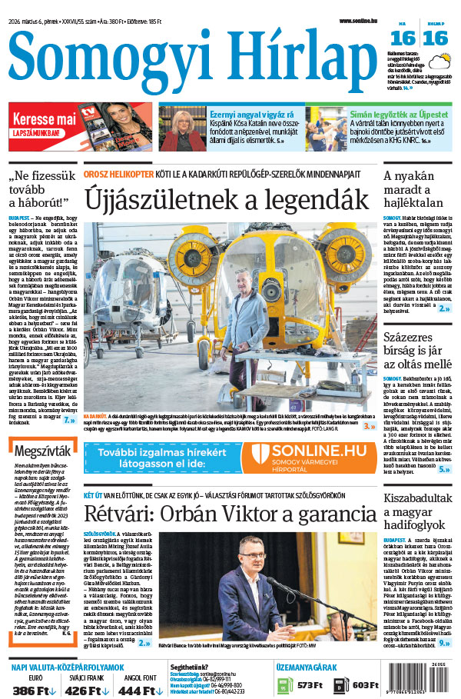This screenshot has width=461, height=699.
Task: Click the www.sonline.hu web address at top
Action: pyautogui.click(x=361, y=21)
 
